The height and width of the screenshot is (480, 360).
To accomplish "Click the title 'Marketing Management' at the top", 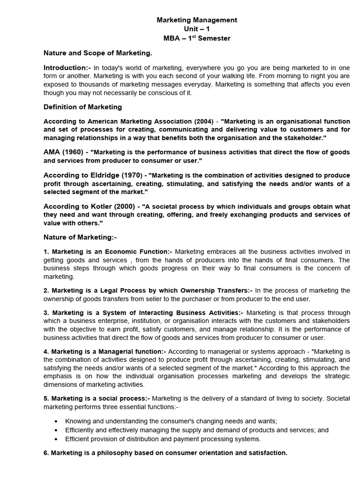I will pos(197,20).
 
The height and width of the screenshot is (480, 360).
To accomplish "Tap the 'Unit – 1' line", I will pos(197,29).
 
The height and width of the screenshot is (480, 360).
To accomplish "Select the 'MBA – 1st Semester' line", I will pos(197,38).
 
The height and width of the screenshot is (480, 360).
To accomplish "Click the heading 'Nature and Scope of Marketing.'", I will pos(97,53).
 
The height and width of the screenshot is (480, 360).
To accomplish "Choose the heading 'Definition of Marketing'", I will pos(82,107).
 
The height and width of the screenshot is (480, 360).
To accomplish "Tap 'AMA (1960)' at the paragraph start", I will pos(64,153).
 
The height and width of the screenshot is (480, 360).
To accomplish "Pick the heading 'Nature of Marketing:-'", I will pos(80,237).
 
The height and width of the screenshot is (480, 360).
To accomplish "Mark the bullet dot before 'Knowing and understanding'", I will pos(57,421).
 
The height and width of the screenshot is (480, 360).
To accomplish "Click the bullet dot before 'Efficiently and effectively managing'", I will pos(57,430).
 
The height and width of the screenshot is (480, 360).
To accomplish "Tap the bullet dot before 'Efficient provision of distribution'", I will pos(57,439).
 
